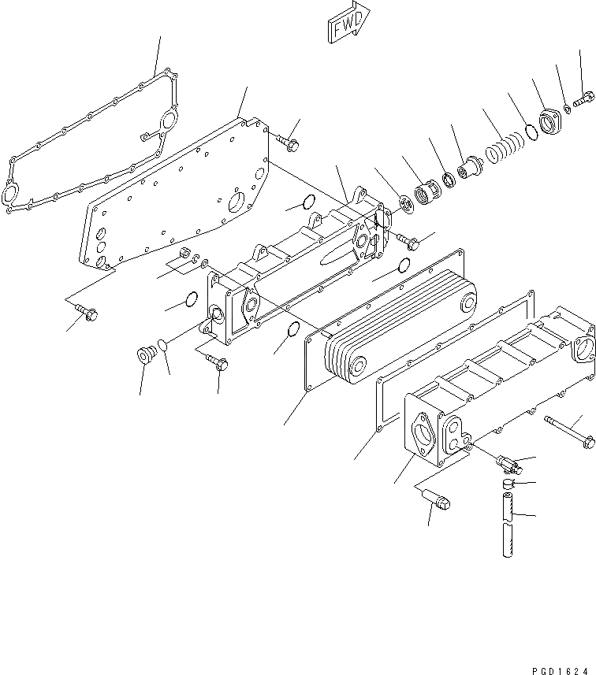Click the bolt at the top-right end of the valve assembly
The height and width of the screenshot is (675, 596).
tap(583, 100)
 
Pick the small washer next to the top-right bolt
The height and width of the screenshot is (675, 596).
tap(568, 108)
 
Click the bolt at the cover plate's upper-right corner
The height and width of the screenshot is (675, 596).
tap(288, 143)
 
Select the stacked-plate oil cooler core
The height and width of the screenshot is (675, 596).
tap(402, 323)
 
